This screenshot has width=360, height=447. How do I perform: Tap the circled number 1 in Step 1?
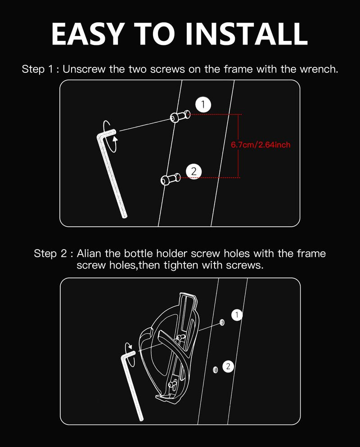(x=203, y=105)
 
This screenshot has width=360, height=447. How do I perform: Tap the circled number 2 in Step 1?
(x=193, y=171)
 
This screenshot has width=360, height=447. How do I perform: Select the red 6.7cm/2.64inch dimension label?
(x=261, y=145)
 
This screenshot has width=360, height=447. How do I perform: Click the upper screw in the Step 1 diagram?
(x=180, y=116)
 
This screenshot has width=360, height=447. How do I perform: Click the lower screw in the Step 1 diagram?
(x=171, y=179)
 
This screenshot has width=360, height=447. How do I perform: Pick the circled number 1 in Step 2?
(x=237, y=315)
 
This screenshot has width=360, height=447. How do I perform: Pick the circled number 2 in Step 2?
(x=228, y=367)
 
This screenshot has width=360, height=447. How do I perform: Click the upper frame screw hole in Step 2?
(x=222, y=322)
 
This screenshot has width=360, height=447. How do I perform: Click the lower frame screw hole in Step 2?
(x=216, y=370)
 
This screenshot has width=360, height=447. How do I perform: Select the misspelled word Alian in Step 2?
(x=89, y=254)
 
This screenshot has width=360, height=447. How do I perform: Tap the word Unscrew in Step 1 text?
(x=84, y=69)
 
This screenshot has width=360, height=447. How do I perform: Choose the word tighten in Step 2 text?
(x=181, y=265)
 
